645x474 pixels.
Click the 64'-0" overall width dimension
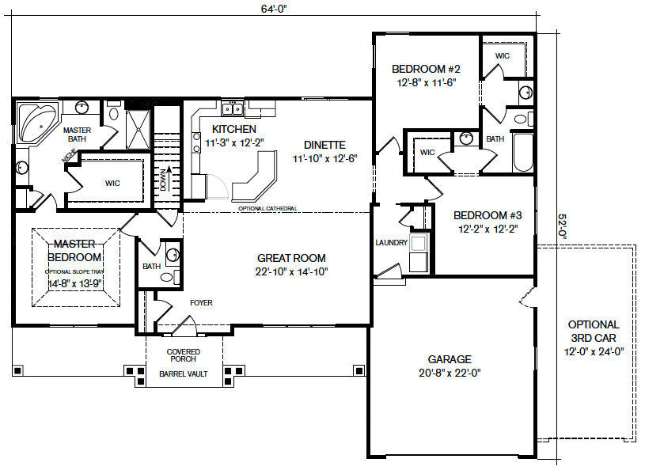pos(274,9)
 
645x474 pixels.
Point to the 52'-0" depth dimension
pos(563,227)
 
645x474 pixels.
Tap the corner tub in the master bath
pos(37,123)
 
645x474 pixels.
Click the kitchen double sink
pos(232,109)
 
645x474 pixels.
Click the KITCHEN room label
pos(234,129)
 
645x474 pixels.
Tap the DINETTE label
pos(324,145)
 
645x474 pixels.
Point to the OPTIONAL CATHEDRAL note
pos(267,209)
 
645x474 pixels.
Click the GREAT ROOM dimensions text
pos(292,271)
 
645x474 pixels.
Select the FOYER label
pos(201,303)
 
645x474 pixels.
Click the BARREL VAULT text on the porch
pos(184,374)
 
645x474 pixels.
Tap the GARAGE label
pos(450,359)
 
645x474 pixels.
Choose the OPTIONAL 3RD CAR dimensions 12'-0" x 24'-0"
pos(594,351)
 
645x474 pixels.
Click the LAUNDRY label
pos(391,243)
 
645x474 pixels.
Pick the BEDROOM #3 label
pos(488,215)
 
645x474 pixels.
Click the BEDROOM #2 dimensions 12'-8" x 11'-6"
pos(426,82)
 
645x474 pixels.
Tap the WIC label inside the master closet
pos(112,183)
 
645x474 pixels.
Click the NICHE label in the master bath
pos(69,155)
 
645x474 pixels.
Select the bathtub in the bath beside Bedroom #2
pos(523,152)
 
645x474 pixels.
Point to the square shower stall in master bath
pos(138,129)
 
